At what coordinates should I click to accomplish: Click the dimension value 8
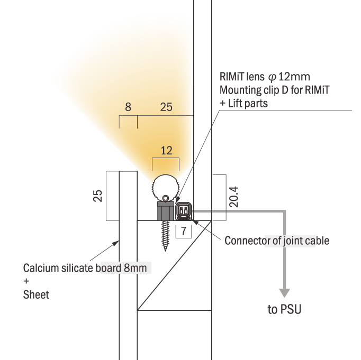point(128,107)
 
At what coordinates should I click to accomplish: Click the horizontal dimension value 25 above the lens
point(166,107)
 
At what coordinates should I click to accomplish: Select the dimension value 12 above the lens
point(166,151)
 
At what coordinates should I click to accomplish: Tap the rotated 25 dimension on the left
point(98,196)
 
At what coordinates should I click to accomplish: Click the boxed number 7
point(183,231)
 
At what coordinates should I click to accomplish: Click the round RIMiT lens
point(166,186)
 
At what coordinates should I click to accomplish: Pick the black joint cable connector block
point(183,211)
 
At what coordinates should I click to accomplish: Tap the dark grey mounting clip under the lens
point(166,211)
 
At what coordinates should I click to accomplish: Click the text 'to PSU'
point(284,310)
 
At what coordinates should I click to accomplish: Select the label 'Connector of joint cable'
point(277,241)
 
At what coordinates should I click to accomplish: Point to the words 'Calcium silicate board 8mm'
point(85,267)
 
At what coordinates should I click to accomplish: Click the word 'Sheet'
point(36,295)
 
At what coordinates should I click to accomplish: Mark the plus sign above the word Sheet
point(26,281)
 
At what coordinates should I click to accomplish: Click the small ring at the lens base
point(166,198)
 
